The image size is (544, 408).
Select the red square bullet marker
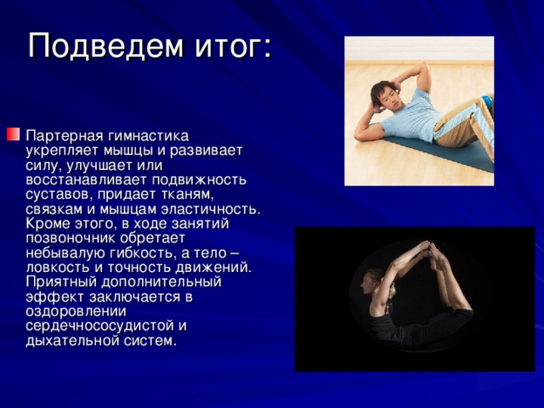click(x=14, y=134)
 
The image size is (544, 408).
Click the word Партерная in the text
click(x=65, y=136)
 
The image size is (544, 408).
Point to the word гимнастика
click(x=149, y=136)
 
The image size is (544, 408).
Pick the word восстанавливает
click(x=87, y=179)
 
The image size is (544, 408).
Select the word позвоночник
click(x=71, y=238)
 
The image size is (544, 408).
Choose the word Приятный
click(x=61, y=281)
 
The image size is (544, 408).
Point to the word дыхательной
click(x=72, y=341)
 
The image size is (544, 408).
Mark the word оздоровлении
click(x=76, y=311)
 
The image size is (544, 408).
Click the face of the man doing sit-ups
click(x=388, y=98)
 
